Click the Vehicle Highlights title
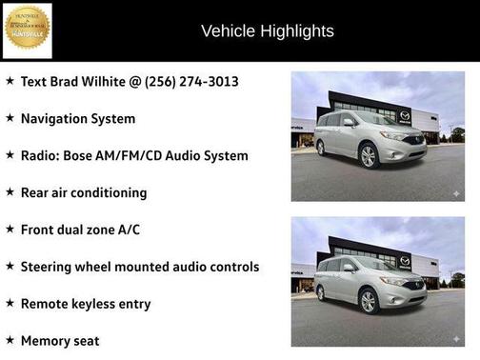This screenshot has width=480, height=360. (268, 31)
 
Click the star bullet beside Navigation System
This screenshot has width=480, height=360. (10, 118)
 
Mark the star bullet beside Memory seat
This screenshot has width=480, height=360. (10, 339)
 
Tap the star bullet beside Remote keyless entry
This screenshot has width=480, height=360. (10, 303)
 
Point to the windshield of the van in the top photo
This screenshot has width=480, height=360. (366, 122)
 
